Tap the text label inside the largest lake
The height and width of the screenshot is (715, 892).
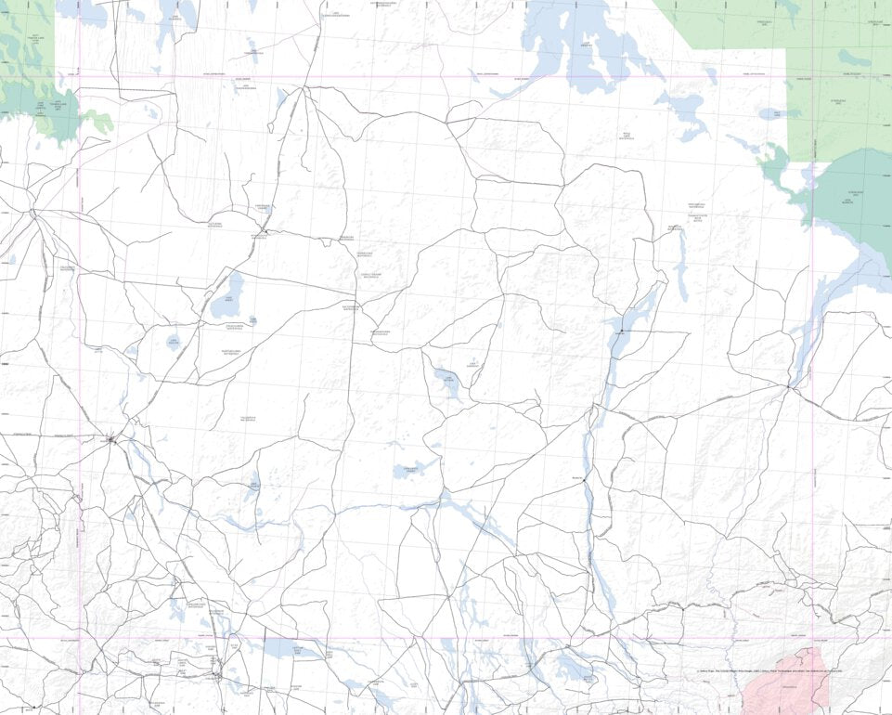click(x=586, y=45)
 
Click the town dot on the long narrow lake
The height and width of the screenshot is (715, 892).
click(x=621, y=331)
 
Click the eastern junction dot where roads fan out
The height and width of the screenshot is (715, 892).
click(x=788, y=387)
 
